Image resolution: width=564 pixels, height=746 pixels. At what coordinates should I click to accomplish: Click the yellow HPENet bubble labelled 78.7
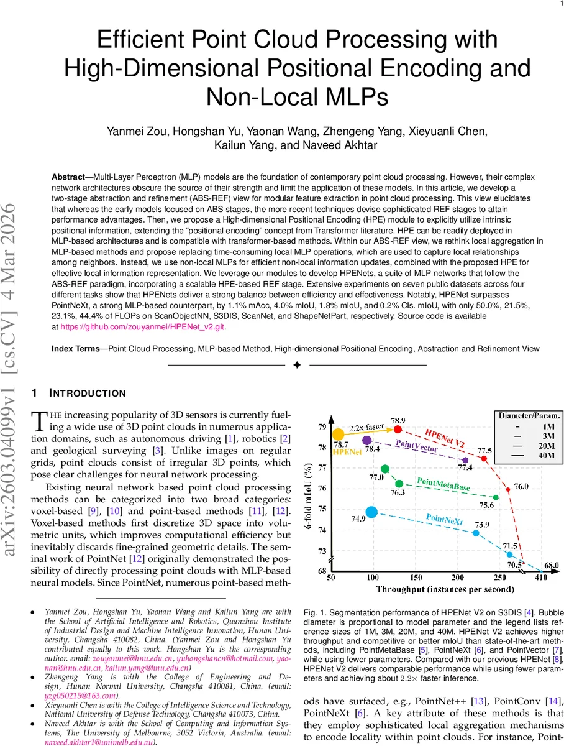338,435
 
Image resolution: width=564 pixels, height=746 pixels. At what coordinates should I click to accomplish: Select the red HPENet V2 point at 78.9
398,430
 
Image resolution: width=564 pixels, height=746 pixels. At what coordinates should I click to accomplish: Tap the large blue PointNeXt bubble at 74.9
371,512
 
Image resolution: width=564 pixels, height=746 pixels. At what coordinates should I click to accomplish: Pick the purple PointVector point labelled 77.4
466,460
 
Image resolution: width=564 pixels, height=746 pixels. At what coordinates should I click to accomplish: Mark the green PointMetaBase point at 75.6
496,497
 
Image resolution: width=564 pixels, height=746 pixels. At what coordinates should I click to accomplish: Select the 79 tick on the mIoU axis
321,427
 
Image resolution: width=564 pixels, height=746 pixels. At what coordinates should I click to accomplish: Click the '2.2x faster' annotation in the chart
366,428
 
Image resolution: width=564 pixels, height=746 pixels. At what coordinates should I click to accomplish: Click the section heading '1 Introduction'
79,393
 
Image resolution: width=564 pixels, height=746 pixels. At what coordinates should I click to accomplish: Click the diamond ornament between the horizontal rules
297,364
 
